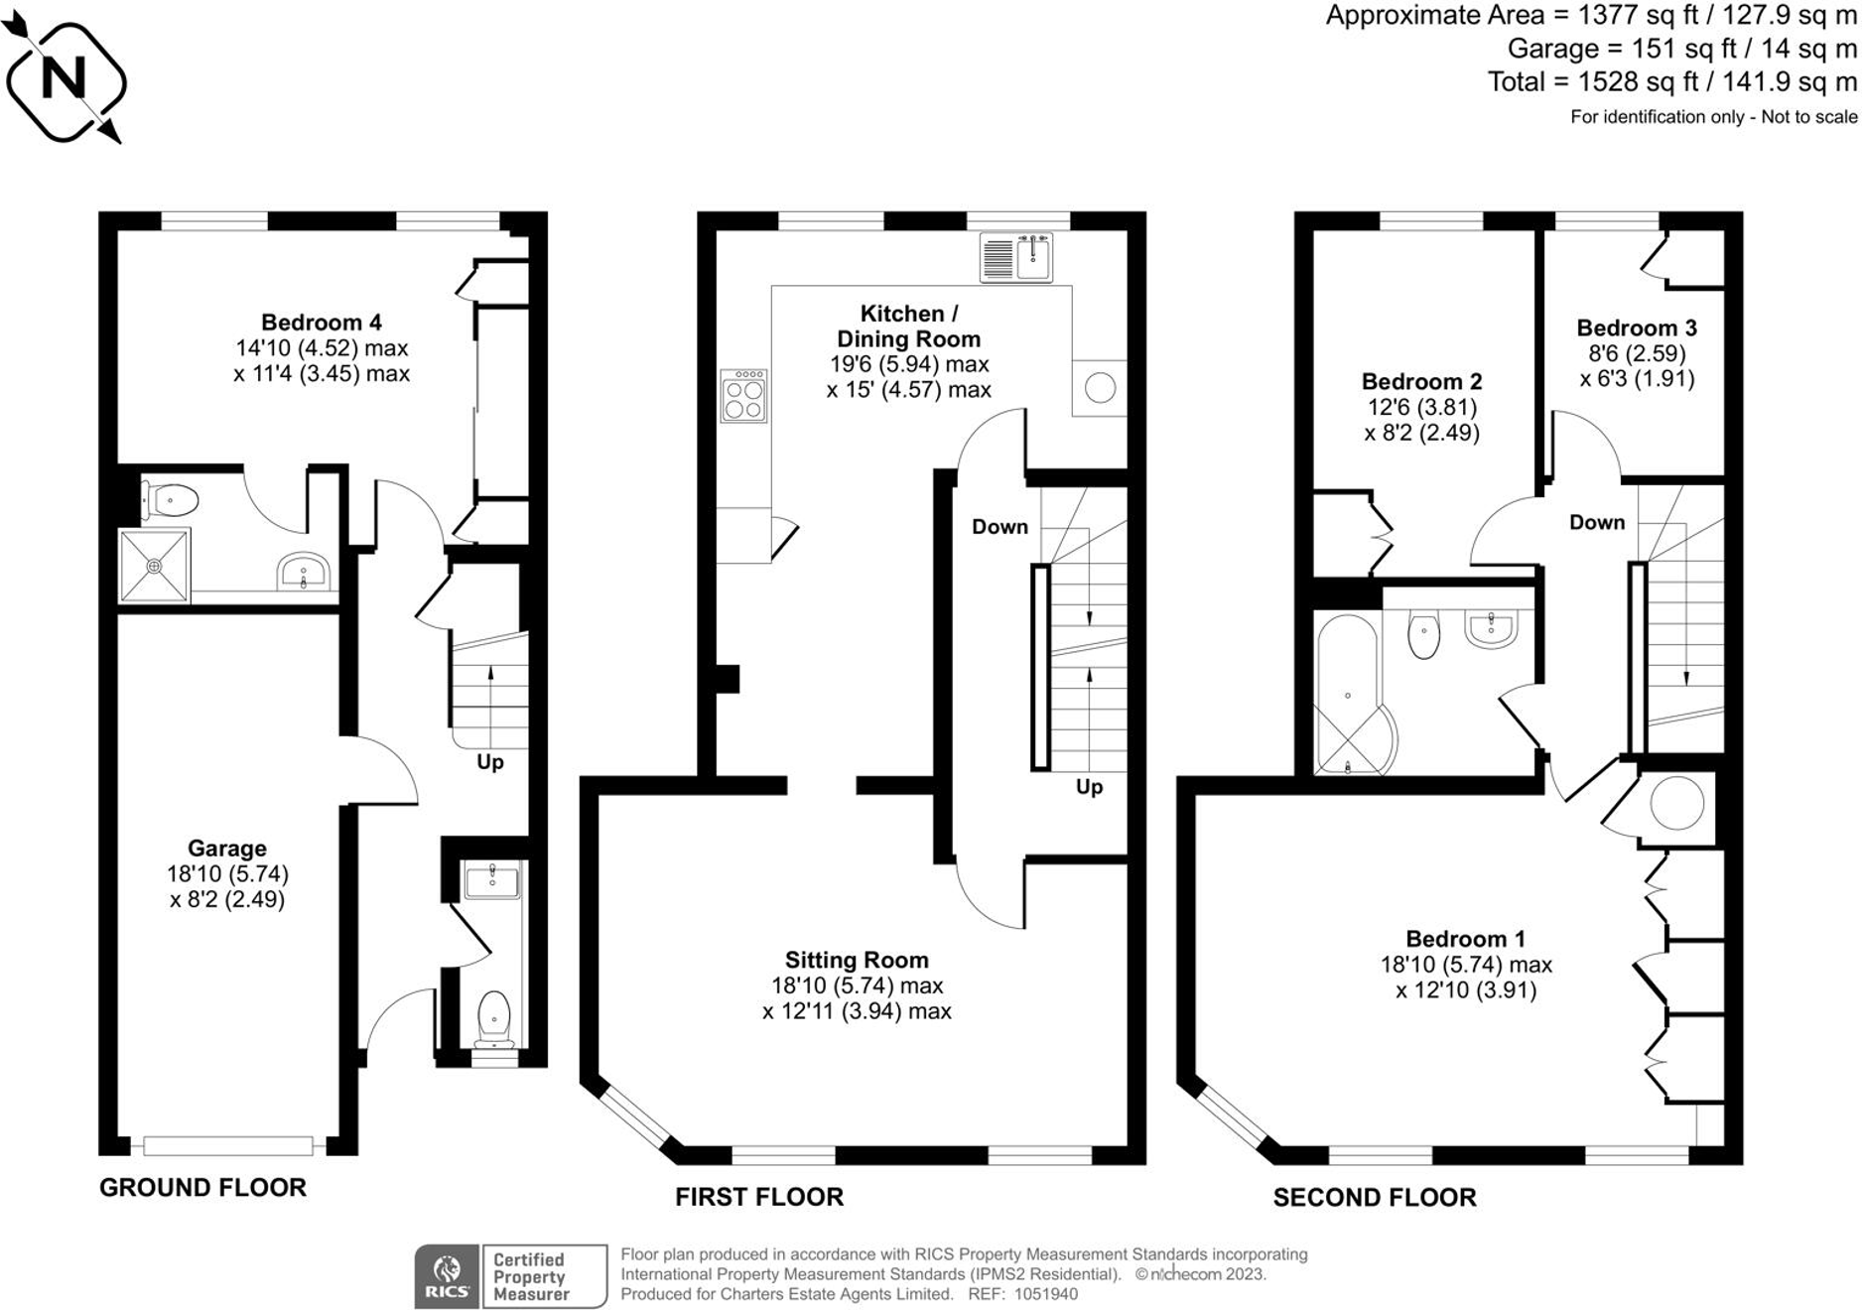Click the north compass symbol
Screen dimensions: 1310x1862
(x=66, y=79)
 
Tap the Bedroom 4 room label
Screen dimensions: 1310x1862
(x=321, y=323)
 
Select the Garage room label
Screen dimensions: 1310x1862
(x=227, y=849)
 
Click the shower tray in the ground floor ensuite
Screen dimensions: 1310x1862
(x=154, y=566)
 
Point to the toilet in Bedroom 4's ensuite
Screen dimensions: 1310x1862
(x=170, y=500)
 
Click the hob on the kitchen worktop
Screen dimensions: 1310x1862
(x=743, y=396)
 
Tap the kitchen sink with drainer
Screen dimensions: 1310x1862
(x=1015, y=258)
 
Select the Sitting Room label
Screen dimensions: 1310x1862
(x=857, y=961)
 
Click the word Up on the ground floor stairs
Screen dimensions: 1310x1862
(x=490, y=762)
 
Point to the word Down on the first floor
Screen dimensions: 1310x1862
(x=999, y=527)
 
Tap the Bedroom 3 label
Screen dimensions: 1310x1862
(x=1637, y=328)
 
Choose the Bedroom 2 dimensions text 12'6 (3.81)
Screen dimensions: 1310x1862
(x=1421, y=408)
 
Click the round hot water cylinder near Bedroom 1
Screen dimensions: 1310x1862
(x=1676, y=802)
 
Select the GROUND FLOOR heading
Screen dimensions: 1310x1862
(x=202, y=1188)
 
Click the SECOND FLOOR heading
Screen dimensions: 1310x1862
(x=1375, y=1198)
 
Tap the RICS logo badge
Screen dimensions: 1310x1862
(x=447, y=1277)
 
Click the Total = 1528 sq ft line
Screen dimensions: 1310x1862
(x=1671, y=82)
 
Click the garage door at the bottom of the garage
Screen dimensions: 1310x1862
(x=228, y=1146)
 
